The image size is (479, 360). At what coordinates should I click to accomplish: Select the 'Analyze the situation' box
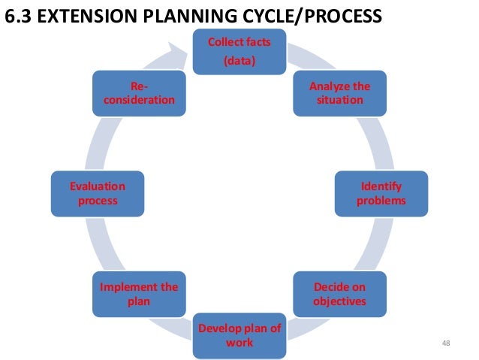[339, 92]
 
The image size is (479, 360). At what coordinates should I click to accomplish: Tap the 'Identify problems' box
[381, 194]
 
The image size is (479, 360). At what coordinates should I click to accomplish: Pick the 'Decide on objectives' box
[339, 295]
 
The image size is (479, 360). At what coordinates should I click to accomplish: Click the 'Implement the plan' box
[139, 295]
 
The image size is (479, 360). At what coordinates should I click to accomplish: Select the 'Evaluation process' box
[97, 194]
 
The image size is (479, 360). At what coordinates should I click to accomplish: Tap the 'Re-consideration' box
[139, 92]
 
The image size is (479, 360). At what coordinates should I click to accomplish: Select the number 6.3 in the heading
[18, 15]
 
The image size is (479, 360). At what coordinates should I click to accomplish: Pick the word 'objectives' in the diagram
[340, 301]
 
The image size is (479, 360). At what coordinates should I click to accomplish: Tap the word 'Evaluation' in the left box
[97, 187]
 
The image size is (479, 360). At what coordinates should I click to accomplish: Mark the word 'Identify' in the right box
[381, 187]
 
